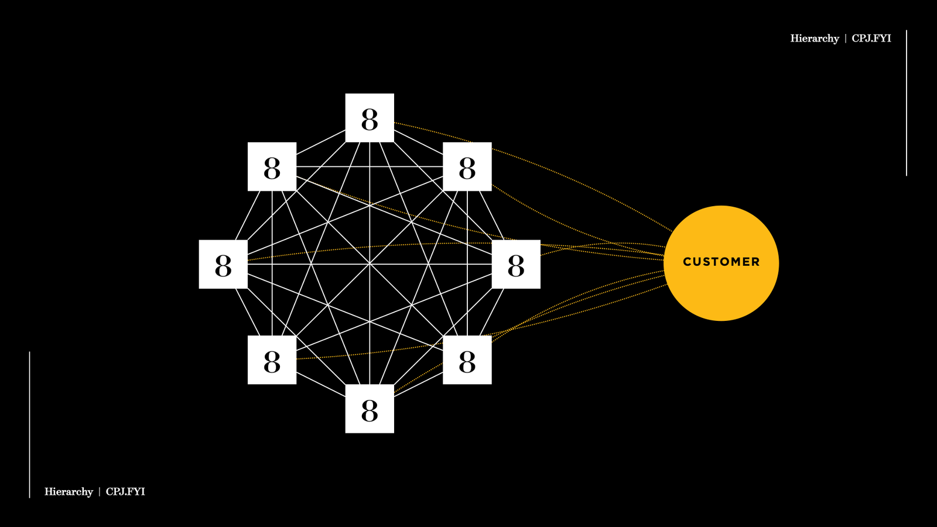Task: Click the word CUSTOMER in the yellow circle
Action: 721,262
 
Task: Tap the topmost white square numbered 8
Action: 370,118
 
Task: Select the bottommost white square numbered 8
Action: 370,409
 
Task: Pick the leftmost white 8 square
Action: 223,264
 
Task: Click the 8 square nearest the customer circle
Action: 516,264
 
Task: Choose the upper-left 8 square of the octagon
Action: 272,166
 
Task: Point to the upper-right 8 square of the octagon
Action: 467,166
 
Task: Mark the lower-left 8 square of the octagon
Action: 272,360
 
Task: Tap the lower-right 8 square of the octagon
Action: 467,360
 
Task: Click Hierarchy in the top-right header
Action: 815,39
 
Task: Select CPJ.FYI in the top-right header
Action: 871,39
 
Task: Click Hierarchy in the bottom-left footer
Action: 69,492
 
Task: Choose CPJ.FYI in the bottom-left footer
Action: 125,492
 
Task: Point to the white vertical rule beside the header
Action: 907,102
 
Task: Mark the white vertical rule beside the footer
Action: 29,425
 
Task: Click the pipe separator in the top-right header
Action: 846,39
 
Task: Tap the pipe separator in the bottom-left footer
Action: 100,492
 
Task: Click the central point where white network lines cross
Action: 370,264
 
